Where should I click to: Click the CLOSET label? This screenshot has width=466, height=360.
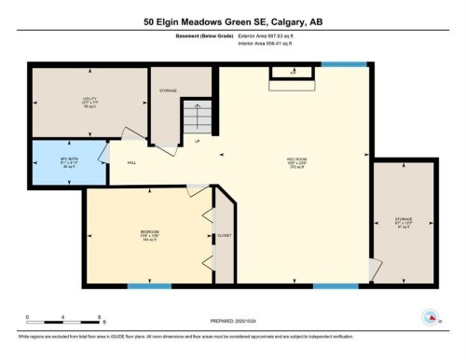tap(225, 236)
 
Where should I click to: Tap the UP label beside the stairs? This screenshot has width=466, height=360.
tap(197, 142)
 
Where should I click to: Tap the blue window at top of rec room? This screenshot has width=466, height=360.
tap(333, 63)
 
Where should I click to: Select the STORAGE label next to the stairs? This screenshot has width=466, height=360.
tap(168, 90)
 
